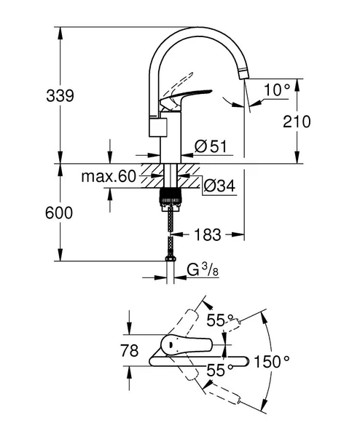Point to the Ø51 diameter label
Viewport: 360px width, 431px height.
point(211,146)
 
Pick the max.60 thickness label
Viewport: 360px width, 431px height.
point(108,176)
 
